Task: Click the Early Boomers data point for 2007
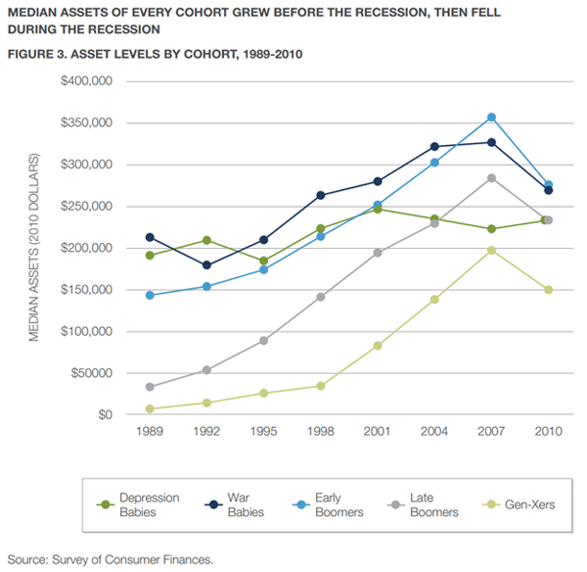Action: point(491,118)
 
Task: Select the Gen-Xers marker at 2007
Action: point(491,251)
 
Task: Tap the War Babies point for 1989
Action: point(149,237)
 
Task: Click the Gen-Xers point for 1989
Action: point(149,408)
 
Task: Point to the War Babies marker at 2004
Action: point(434,147)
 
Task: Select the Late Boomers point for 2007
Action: point(491,178)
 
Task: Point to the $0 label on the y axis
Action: point(105,415)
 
